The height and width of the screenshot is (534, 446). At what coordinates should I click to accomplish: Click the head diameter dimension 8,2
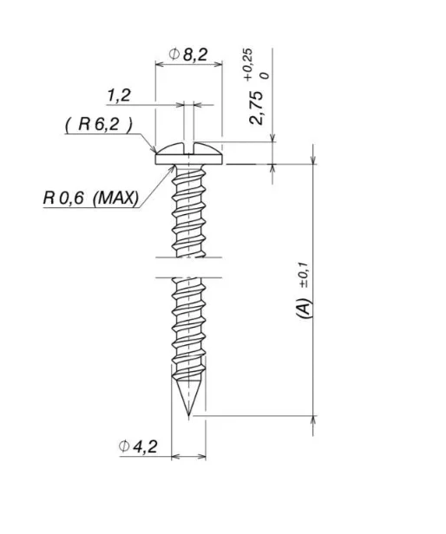coord(195,55)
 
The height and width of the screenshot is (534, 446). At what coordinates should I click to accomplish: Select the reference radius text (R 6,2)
coord(98,124)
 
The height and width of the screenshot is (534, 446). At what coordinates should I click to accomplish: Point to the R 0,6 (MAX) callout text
coord(90,198)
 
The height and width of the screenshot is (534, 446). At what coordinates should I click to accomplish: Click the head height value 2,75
coord(257,105)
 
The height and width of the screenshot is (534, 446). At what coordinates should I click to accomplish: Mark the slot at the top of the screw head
coord(188,144)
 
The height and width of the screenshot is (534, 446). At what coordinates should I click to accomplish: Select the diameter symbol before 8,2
coord(174,55)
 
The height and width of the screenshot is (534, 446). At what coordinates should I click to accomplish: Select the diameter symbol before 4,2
coord(126,446)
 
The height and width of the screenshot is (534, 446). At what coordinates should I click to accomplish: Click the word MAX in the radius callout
coord(115,198)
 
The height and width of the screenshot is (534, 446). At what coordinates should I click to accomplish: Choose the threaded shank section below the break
coord(188,329)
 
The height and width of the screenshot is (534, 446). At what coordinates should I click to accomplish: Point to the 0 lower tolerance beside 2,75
coord(264,75)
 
